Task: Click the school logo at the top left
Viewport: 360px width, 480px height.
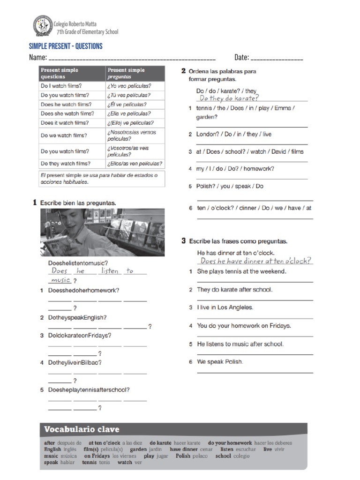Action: [x=43, y=26]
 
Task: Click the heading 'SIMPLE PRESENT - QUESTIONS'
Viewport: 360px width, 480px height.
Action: [x=66, y=46]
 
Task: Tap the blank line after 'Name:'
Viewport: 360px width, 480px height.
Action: [x=132, y=58]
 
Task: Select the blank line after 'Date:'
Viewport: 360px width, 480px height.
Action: [x=277, y=58]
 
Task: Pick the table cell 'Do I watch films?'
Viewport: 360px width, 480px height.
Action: [x=61, y=86]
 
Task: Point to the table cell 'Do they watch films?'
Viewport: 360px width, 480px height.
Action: [x=66, y=164]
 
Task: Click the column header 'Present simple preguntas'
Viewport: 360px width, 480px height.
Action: [x=126, y=73]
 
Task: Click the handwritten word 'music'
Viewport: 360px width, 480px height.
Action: [x=60, y=280]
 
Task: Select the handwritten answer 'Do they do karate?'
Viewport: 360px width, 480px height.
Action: [x=229, y=98]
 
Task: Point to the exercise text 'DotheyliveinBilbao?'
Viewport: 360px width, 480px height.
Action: [x=75, y=363]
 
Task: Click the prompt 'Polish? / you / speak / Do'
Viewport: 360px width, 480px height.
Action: [x=230, y=186]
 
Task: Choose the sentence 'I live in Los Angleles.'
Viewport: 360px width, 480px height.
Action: [x=225, y=307]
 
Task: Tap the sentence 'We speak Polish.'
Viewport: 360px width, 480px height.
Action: [x=220, y=362]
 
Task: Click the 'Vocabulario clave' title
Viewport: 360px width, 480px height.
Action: [x=82, y=429]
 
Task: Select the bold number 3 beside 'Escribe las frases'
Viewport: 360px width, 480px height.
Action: [x=184, y=241]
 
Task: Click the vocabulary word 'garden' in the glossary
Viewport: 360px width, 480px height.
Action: [x=138, y=449]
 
